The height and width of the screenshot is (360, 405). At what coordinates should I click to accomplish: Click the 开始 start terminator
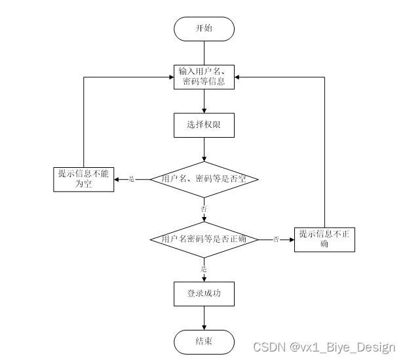point(204,29)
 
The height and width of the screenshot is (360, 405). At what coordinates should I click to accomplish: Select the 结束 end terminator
point(204,341)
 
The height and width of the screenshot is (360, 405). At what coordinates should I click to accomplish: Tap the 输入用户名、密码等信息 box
point(204,77)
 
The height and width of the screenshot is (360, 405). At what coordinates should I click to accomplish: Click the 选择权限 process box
point(204,125)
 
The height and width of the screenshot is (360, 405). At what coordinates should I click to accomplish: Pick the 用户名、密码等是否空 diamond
point(204,178)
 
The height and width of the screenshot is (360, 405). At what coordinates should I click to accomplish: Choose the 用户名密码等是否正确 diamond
point(204,239)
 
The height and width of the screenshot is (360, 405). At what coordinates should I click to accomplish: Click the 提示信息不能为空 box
point(83,178)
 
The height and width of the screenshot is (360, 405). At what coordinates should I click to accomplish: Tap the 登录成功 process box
point(204,293)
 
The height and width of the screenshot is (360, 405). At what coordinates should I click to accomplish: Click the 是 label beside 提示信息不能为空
point(131,179)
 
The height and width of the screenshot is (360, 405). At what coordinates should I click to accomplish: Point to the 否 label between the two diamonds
point(204,209)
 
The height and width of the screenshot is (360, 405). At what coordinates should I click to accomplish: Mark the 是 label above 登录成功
point(204,269)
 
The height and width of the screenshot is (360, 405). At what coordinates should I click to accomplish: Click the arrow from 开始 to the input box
point(204,52)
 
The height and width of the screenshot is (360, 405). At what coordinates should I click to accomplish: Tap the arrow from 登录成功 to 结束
point(204,318)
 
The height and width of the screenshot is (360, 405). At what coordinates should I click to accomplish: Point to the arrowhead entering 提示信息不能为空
point(117,178)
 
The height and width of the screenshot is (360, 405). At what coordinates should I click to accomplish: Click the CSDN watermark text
point(324,348)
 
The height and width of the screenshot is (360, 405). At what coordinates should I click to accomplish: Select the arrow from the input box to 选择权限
point(204,101)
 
